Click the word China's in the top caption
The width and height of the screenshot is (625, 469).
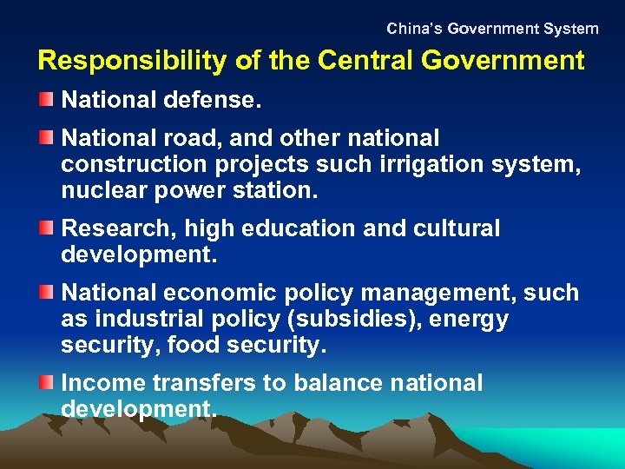point(414,29)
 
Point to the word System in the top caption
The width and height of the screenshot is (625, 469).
point(571,29)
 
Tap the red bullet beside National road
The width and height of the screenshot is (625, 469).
point(46,137)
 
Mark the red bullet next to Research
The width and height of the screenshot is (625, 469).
point(46,228)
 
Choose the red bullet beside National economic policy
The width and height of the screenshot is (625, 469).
point(46,293)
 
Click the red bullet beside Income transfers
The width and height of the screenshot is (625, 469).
point(46,382)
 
